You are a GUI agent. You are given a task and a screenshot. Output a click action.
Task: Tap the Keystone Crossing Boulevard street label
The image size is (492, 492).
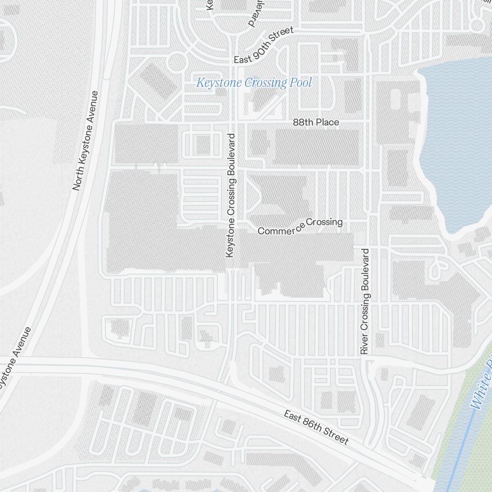coord(230,195)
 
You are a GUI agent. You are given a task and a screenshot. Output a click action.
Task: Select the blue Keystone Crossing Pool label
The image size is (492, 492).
coord(254,83)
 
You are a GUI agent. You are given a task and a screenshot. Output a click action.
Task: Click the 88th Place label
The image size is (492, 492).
coord(316,122)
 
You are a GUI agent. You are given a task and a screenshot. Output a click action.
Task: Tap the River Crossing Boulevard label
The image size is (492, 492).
coord(365,301)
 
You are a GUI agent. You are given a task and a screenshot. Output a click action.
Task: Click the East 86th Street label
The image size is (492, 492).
coord(316,427)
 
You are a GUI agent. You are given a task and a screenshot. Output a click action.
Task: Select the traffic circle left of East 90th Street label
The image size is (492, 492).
coord(176,63)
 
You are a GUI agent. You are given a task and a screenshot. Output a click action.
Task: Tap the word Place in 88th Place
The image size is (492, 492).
coord(327,122)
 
